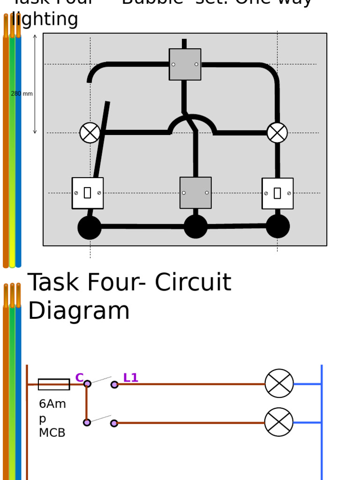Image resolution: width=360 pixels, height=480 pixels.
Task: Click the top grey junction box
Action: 185,64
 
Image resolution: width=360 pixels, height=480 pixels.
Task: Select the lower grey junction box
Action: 195,193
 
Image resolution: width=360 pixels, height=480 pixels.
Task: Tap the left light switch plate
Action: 88,193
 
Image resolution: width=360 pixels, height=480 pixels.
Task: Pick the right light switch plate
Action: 277,193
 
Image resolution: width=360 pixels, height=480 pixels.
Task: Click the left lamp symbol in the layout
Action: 90,133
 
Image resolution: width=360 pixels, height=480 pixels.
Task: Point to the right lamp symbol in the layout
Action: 277,133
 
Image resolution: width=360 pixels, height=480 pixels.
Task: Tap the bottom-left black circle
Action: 90,227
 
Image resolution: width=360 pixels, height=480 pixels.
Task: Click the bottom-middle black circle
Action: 195,226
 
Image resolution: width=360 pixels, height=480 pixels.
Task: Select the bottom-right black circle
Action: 277,226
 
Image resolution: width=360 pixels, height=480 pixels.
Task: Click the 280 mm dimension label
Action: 22,94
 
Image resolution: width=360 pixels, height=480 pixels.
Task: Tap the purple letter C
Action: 79,378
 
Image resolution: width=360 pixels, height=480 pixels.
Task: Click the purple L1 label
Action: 131,378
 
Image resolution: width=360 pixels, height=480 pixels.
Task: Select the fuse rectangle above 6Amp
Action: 54,384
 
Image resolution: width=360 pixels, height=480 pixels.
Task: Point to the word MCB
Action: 52,433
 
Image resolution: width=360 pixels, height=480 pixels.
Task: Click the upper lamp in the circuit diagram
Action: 279,383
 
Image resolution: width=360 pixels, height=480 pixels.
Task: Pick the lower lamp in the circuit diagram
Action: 279,422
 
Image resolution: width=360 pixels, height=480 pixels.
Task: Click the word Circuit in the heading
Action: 193,283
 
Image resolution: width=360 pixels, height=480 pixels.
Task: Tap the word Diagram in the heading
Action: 79,311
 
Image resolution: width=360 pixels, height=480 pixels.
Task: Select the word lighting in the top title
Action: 45,20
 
